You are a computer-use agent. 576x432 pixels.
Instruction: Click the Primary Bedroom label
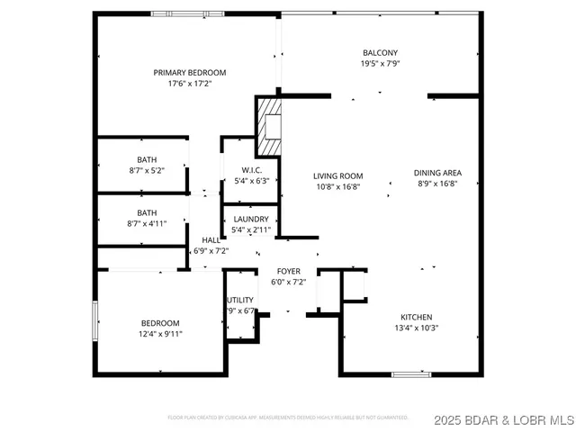pos(189,73)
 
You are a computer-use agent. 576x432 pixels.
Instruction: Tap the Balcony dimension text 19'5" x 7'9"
pos(380,64)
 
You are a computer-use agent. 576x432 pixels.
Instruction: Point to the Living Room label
pos(337,175)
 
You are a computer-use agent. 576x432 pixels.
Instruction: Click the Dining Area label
pos(438,173)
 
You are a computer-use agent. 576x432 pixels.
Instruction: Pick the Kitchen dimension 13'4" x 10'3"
pos(417,328)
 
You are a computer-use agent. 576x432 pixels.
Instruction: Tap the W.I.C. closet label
pos(251,170)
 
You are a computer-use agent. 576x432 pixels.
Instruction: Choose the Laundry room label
pos(251,219)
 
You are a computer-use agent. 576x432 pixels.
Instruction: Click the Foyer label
pos(288,270)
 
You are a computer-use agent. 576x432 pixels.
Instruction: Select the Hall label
pos(211,240)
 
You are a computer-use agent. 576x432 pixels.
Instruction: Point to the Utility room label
pos(240,300)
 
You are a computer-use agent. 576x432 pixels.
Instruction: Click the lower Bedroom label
pos(160,323)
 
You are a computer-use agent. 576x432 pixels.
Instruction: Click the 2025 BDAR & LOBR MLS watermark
pos(500,419)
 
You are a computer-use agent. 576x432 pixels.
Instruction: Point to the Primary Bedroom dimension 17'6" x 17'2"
pos(189,84)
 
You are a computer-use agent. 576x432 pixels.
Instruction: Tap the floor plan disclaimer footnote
pos(288,418)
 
